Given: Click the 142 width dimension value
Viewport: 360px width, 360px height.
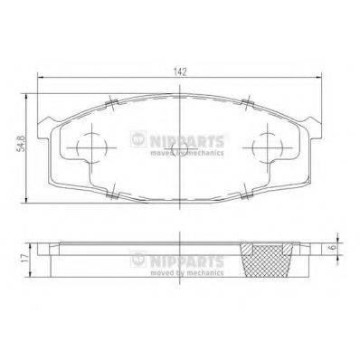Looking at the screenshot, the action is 180,71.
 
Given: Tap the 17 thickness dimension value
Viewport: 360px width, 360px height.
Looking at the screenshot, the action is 25,258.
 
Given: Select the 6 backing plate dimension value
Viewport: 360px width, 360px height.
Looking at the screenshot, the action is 333,247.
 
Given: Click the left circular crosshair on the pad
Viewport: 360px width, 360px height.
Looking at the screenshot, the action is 91,147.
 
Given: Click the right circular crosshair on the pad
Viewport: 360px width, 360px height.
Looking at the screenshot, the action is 268,147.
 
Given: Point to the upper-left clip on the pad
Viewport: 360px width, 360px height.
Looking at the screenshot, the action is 111,103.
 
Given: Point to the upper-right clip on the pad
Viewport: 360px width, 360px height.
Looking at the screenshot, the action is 248,102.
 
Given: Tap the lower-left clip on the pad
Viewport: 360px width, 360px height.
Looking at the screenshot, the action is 112,194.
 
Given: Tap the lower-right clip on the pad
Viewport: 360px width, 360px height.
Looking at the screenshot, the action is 247,194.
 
